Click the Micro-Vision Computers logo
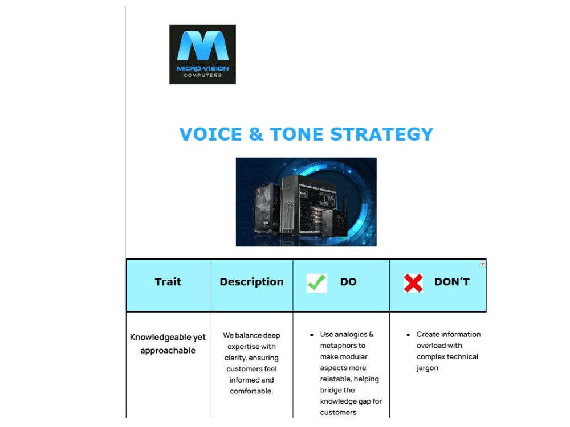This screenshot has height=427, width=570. coord(202,55)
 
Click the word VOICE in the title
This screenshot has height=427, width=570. coord(210,134)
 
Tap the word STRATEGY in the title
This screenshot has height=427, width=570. coord(382,134)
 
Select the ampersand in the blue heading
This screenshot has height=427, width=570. coord(256,134)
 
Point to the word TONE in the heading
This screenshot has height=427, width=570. coord(296,134)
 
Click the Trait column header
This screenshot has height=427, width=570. coord(168,282)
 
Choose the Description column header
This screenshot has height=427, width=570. coord(251,282)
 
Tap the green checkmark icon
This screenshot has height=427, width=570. coord(316,283)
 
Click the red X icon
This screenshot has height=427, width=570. coord(413,283)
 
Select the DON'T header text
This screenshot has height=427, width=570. coord(452,282)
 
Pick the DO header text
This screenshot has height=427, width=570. coord(348,282)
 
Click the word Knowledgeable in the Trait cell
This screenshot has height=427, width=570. coord(160,337)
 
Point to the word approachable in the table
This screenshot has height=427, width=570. coord(168,351)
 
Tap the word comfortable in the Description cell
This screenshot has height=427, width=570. coord(251,391)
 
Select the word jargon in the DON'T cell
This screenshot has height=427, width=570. coord(427,368)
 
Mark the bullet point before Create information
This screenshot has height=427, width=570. coord(408,335)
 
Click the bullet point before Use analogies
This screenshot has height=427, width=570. coord(312,335)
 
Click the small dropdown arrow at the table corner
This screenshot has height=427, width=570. coord(482,264)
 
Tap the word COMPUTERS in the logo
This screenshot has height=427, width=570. coord(202,76)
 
